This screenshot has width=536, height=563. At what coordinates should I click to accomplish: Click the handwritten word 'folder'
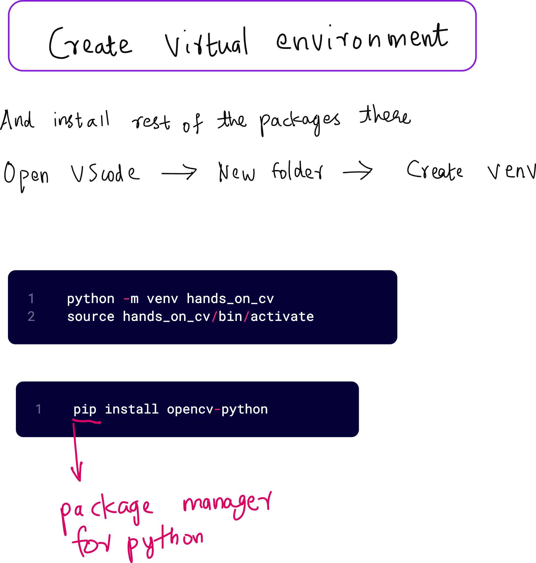(x=297, y=171)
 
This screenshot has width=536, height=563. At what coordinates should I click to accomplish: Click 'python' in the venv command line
(x=91, y=299)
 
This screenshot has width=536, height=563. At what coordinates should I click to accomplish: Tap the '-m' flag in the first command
(x=131, y=299)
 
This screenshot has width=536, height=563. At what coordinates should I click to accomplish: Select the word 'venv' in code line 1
(x=162, y=299)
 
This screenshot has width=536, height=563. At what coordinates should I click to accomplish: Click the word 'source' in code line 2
(x=91, y=317)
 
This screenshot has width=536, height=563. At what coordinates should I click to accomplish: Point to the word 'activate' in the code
(x=282, y=317)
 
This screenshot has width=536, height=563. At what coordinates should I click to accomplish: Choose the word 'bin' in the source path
(x=230, y=317)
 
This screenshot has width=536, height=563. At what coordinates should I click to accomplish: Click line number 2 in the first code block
(x=31, y=317)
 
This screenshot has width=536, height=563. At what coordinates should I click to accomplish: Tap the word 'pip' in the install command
(x=85, y=409)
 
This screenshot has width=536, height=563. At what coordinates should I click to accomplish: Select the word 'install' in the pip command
(x=132, y=409)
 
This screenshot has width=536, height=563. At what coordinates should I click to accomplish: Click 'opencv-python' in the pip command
(x=217, y=409)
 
